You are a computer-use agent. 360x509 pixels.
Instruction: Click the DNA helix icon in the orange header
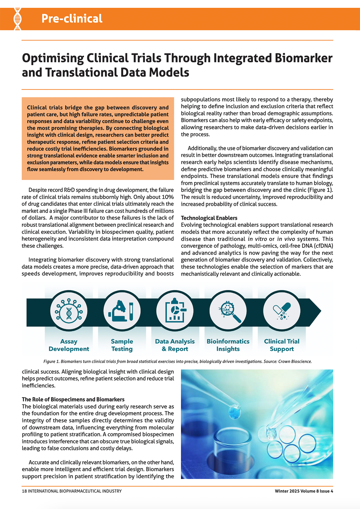(x=18, y=19)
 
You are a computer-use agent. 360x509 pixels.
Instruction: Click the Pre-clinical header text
(x=72, y=19)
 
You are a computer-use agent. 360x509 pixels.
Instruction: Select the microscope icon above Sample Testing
(x=122, y=311)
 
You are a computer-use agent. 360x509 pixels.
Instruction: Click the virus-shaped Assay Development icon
(x=69, y=311)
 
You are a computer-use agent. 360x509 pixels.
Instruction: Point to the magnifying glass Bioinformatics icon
(x=229, y=311)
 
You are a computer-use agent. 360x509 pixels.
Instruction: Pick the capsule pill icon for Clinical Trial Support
(x=282, y=311)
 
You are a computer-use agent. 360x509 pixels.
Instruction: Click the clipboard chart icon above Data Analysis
(x=175, y=311)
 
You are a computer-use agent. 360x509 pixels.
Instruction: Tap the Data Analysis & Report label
(x=175, y=345)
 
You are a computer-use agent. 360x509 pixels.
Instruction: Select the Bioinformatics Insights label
(x=228, y=345)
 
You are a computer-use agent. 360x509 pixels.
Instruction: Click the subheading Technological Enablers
(x=209, y=218)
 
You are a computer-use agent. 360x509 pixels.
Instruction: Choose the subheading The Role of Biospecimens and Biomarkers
(x=73, y=400)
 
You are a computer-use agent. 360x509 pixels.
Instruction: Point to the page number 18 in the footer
(x=24, y=491)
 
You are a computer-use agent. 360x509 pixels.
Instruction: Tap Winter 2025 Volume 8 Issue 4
(x=304, y=491)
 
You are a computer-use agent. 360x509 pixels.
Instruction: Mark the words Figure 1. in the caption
(x=52, y=361)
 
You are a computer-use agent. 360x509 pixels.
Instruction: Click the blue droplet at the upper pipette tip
(x=231, y=410)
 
